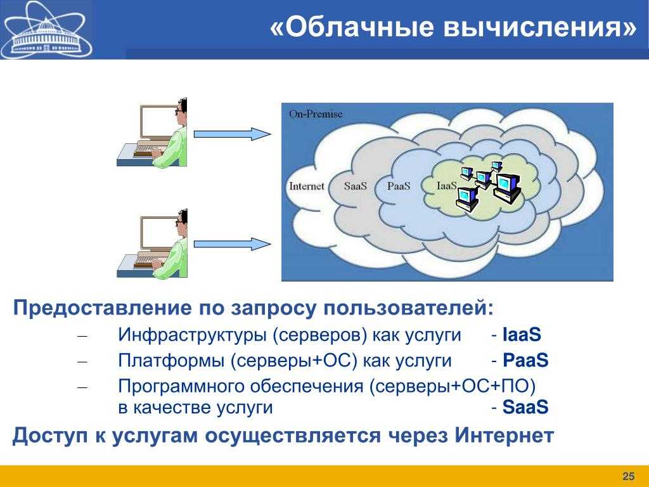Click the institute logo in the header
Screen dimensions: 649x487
(46, 30)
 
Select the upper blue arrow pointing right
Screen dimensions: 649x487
(232, 134)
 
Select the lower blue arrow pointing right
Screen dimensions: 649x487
(232, 244)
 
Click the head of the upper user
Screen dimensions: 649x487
(181, 112)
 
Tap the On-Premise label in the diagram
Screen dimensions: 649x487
(316, 114)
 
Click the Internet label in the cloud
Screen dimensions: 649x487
(306, 186)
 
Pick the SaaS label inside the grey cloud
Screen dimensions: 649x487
(356, 186)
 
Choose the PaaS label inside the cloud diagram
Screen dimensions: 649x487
(399, 186)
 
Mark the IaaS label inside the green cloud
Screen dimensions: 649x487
(447, 186)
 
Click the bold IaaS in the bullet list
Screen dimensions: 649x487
(522, 335)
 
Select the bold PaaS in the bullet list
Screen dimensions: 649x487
(525, 360)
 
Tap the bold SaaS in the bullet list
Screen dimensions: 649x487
(525, 407)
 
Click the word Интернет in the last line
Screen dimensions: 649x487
(504, 435)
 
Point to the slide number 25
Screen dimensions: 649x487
(628, 476)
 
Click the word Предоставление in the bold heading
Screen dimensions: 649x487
(103, 308)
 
